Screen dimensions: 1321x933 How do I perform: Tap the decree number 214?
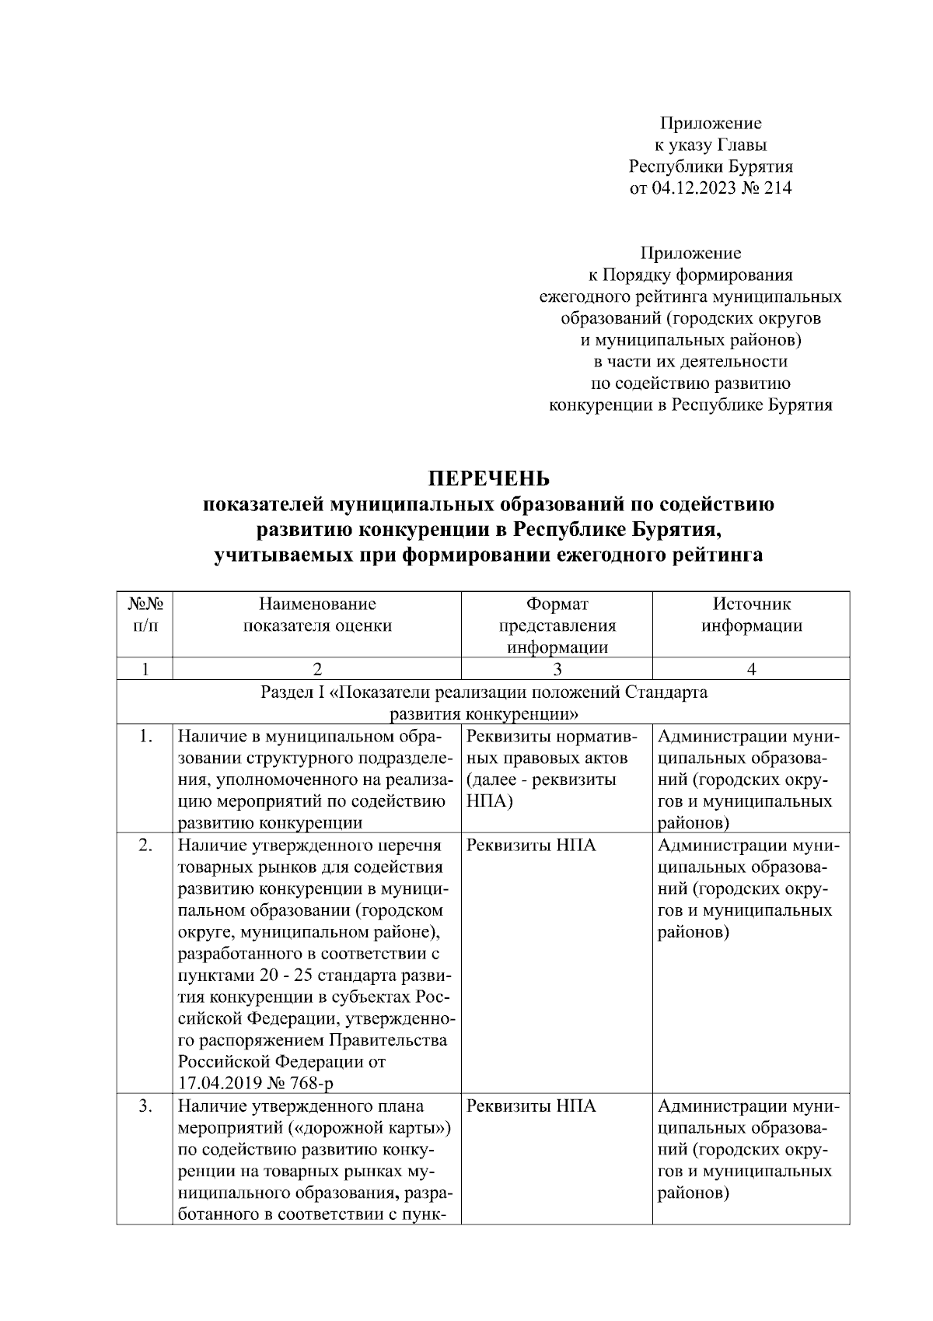tap(778, 187)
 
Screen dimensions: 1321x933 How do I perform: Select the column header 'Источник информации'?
tap(751, 615)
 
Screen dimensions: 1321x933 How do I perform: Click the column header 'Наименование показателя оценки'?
tap(317, 615)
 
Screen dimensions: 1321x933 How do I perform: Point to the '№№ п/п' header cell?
tap(144, 615)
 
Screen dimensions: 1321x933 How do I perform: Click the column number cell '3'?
tap(557, 669)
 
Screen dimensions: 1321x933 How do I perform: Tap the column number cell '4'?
tap(751, 669)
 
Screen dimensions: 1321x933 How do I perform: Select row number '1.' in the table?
tap(145, 736)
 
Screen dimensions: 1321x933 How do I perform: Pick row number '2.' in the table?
tap(145, 845)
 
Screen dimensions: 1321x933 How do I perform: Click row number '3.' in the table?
tap(145, 1106)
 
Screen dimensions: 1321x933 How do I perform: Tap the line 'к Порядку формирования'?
tap(690, 275)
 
